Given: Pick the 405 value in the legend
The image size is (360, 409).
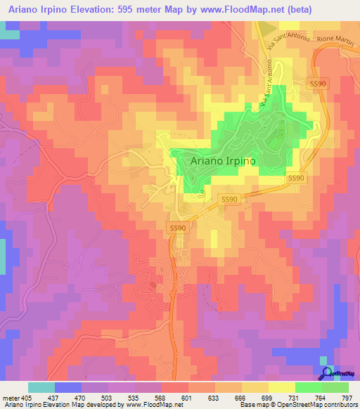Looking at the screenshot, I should pyautogui.click(x=27, y=397).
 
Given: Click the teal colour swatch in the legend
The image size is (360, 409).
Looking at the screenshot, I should pyautogui.click(x=41, y=387).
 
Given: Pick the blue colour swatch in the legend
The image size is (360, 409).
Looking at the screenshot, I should pyautogui.click(x=67, y=387).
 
